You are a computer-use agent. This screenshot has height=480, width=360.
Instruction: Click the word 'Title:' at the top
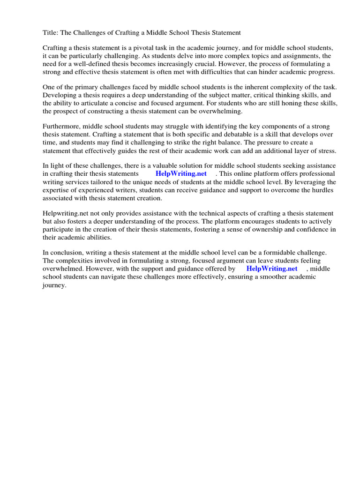51,33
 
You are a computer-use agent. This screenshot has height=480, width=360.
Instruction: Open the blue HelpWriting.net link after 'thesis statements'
181,174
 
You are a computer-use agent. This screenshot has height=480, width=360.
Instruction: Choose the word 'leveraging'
312,182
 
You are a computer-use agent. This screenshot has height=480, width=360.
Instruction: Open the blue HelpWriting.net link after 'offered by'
272,269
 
